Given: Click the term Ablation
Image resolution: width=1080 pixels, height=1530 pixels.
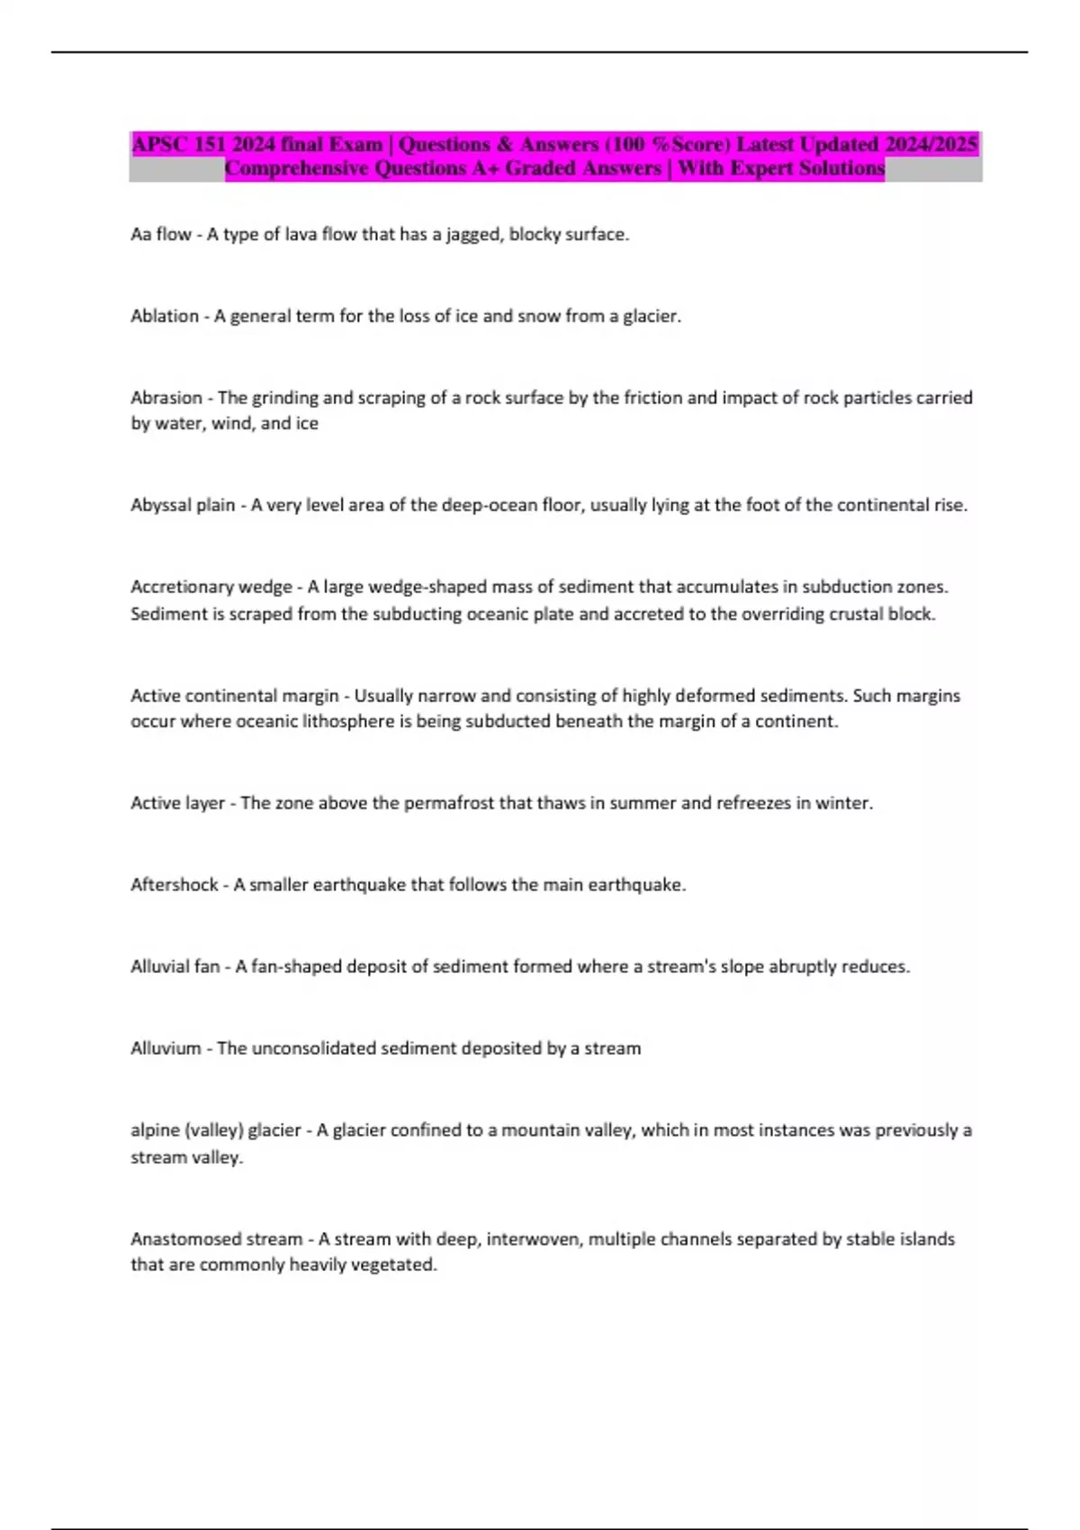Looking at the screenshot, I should tap(165, 316).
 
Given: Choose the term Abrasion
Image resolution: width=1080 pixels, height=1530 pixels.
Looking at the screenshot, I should tap(166, 398).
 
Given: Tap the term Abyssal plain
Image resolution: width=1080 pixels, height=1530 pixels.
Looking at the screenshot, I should tap(183, 505).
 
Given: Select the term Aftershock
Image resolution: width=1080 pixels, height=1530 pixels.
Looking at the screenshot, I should tap(175, 885).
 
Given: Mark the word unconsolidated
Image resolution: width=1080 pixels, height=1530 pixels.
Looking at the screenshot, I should tap(312, 1048).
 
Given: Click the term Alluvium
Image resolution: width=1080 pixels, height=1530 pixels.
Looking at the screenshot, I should tap(166, 1048).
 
